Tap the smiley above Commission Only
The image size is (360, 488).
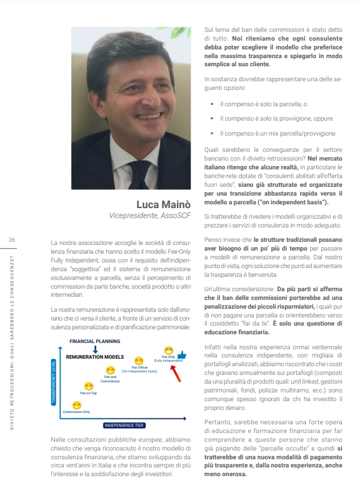tap(76, 406)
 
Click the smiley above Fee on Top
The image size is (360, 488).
tap(89, 386)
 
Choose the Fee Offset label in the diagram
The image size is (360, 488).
tap(139, 367)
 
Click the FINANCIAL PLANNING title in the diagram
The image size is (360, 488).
tap(94, 342)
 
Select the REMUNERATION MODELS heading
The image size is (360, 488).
tap(94, 356)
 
